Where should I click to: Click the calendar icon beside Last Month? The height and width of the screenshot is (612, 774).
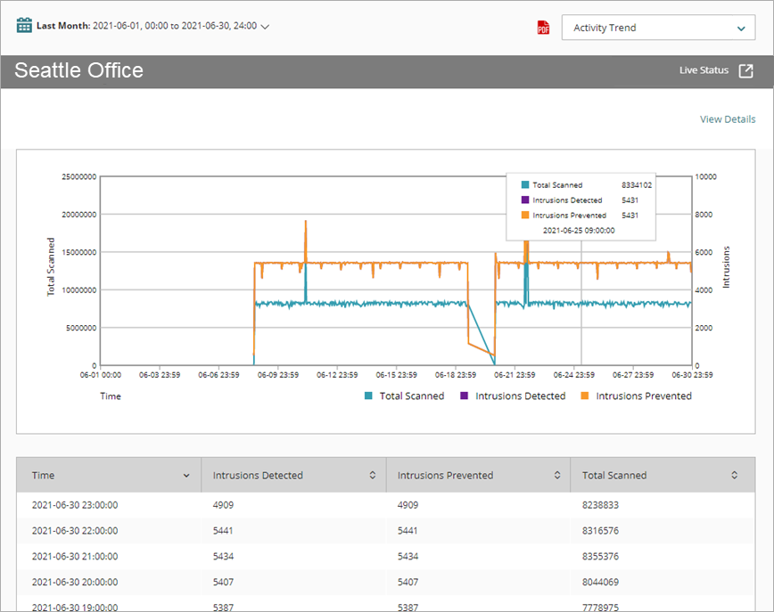24,25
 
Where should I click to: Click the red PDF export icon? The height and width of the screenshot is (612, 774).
543,28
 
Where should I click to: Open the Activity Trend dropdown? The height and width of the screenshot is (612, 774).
658,28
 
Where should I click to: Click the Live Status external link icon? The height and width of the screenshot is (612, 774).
745,70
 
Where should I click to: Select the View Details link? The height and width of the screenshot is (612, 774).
727,119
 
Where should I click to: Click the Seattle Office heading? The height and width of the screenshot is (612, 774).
78,70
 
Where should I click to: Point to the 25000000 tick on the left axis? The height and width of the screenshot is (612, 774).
78,177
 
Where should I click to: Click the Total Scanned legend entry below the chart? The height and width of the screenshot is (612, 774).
404,396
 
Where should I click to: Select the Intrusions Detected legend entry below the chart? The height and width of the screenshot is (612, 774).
513,396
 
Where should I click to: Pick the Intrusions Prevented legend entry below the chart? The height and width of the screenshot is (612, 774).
636,396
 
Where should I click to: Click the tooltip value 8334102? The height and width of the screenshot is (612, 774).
637,185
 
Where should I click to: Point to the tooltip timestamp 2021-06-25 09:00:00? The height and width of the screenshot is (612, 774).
579,230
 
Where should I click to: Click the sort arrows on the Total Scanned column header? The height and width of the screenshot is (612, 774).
734,476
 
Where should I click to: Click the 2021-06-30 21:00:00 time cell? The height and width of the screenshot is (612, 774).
75,556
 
